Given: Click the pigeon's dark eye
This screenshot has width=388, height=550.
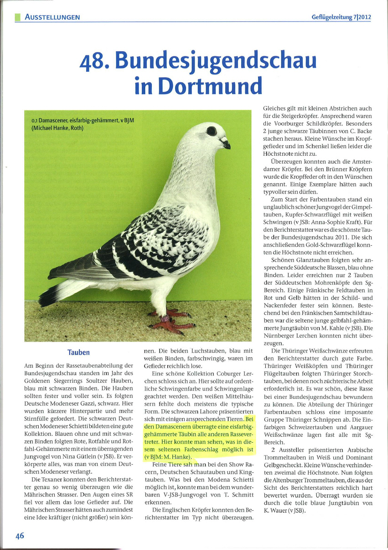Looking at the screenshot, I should (212, 132).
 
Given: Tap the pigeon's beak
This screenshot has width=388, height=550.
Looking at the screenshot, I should (226, 146).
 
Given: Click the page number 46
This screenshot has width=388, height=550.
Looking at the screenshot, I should (20, 536).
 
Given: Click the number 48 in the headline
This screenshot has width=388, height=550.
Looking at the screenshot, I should (95, 61).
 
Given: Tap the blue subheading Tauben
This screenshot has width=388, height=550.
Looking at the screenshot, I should (78, 353).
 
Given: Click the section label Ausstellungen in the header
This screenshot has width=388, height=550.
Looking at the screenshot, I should (52, 17).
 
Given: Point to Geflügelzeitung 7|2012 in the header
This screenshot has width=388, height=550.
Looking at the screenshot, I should (341, 17).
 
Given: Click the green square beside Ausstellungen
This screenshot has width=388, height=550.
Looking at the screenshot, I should (18, 17).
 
